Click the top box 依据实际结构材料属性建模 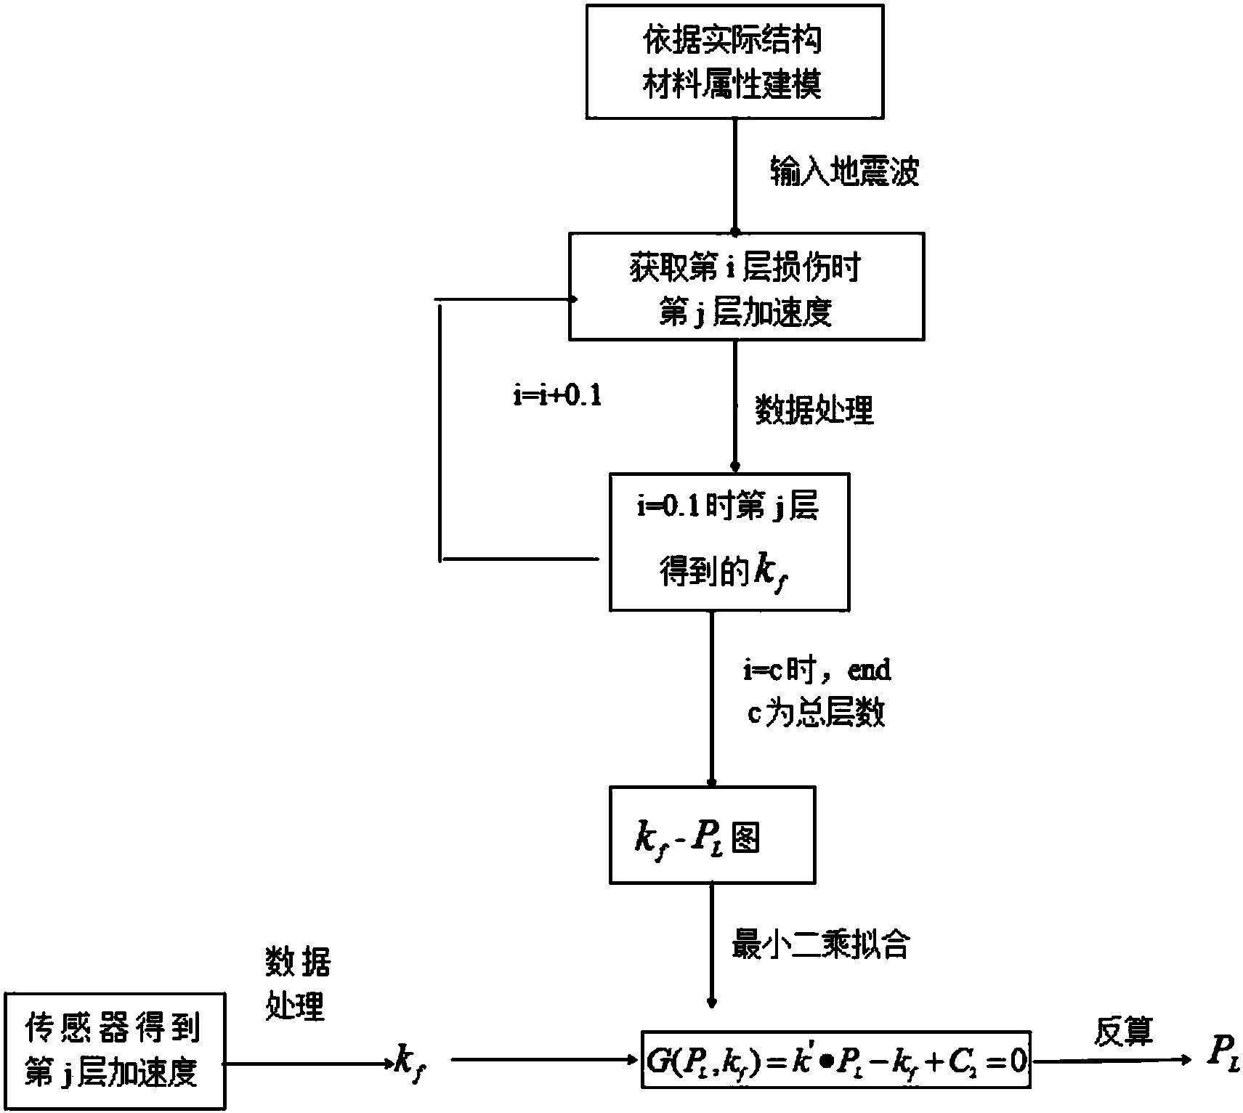coord(734,62)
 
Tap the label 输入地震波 coord(844,173)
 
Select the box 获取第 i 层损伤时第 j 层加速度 coord(746,286)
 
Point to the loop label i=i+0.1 coord(557,397)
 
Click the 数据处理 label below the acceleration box coord(814,410)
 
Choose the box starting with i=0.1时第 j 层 coord(729,542)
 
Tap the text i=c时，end coord(817,670)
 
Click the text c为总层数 coord(817,714)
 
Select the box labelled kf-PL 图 coord(712,835)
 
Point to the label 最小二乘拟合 coord(820,945)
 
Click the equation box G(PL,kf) coord(836,1059)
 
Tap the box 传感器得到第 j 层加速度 coord(114,1051)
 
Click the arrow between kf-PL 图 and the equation coord(712,944)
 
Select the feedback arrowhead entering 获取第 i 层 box coord(572,299)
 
